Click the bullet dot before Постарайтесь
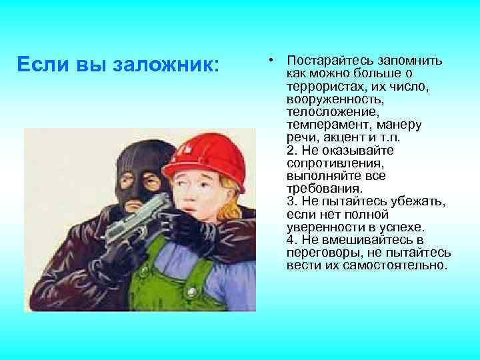pyautogui.click(x=273, y=61)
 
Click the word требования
pyautogui.click(x=316, y=189)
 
